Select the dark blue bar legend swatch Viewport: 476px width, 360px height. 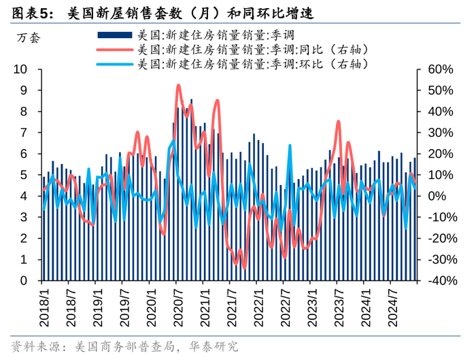(x=116, y=34)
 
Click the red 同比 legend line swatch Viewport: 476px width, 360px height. (x=116, y=50)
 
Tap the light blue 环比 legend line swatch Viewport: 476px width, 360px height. (x=116, y=65)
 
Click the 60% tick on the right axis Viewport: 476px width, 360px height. (x=440, y=69)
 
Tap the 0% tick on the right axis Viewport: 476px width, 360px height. (x=437, y=196)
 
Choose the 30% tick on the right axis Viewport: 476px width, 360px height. (x=440, y=133)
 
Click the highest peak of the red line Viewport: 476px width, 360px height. (x=178, y=86)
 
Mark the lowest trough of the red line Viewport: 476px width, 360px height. (x=244, y=267)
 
